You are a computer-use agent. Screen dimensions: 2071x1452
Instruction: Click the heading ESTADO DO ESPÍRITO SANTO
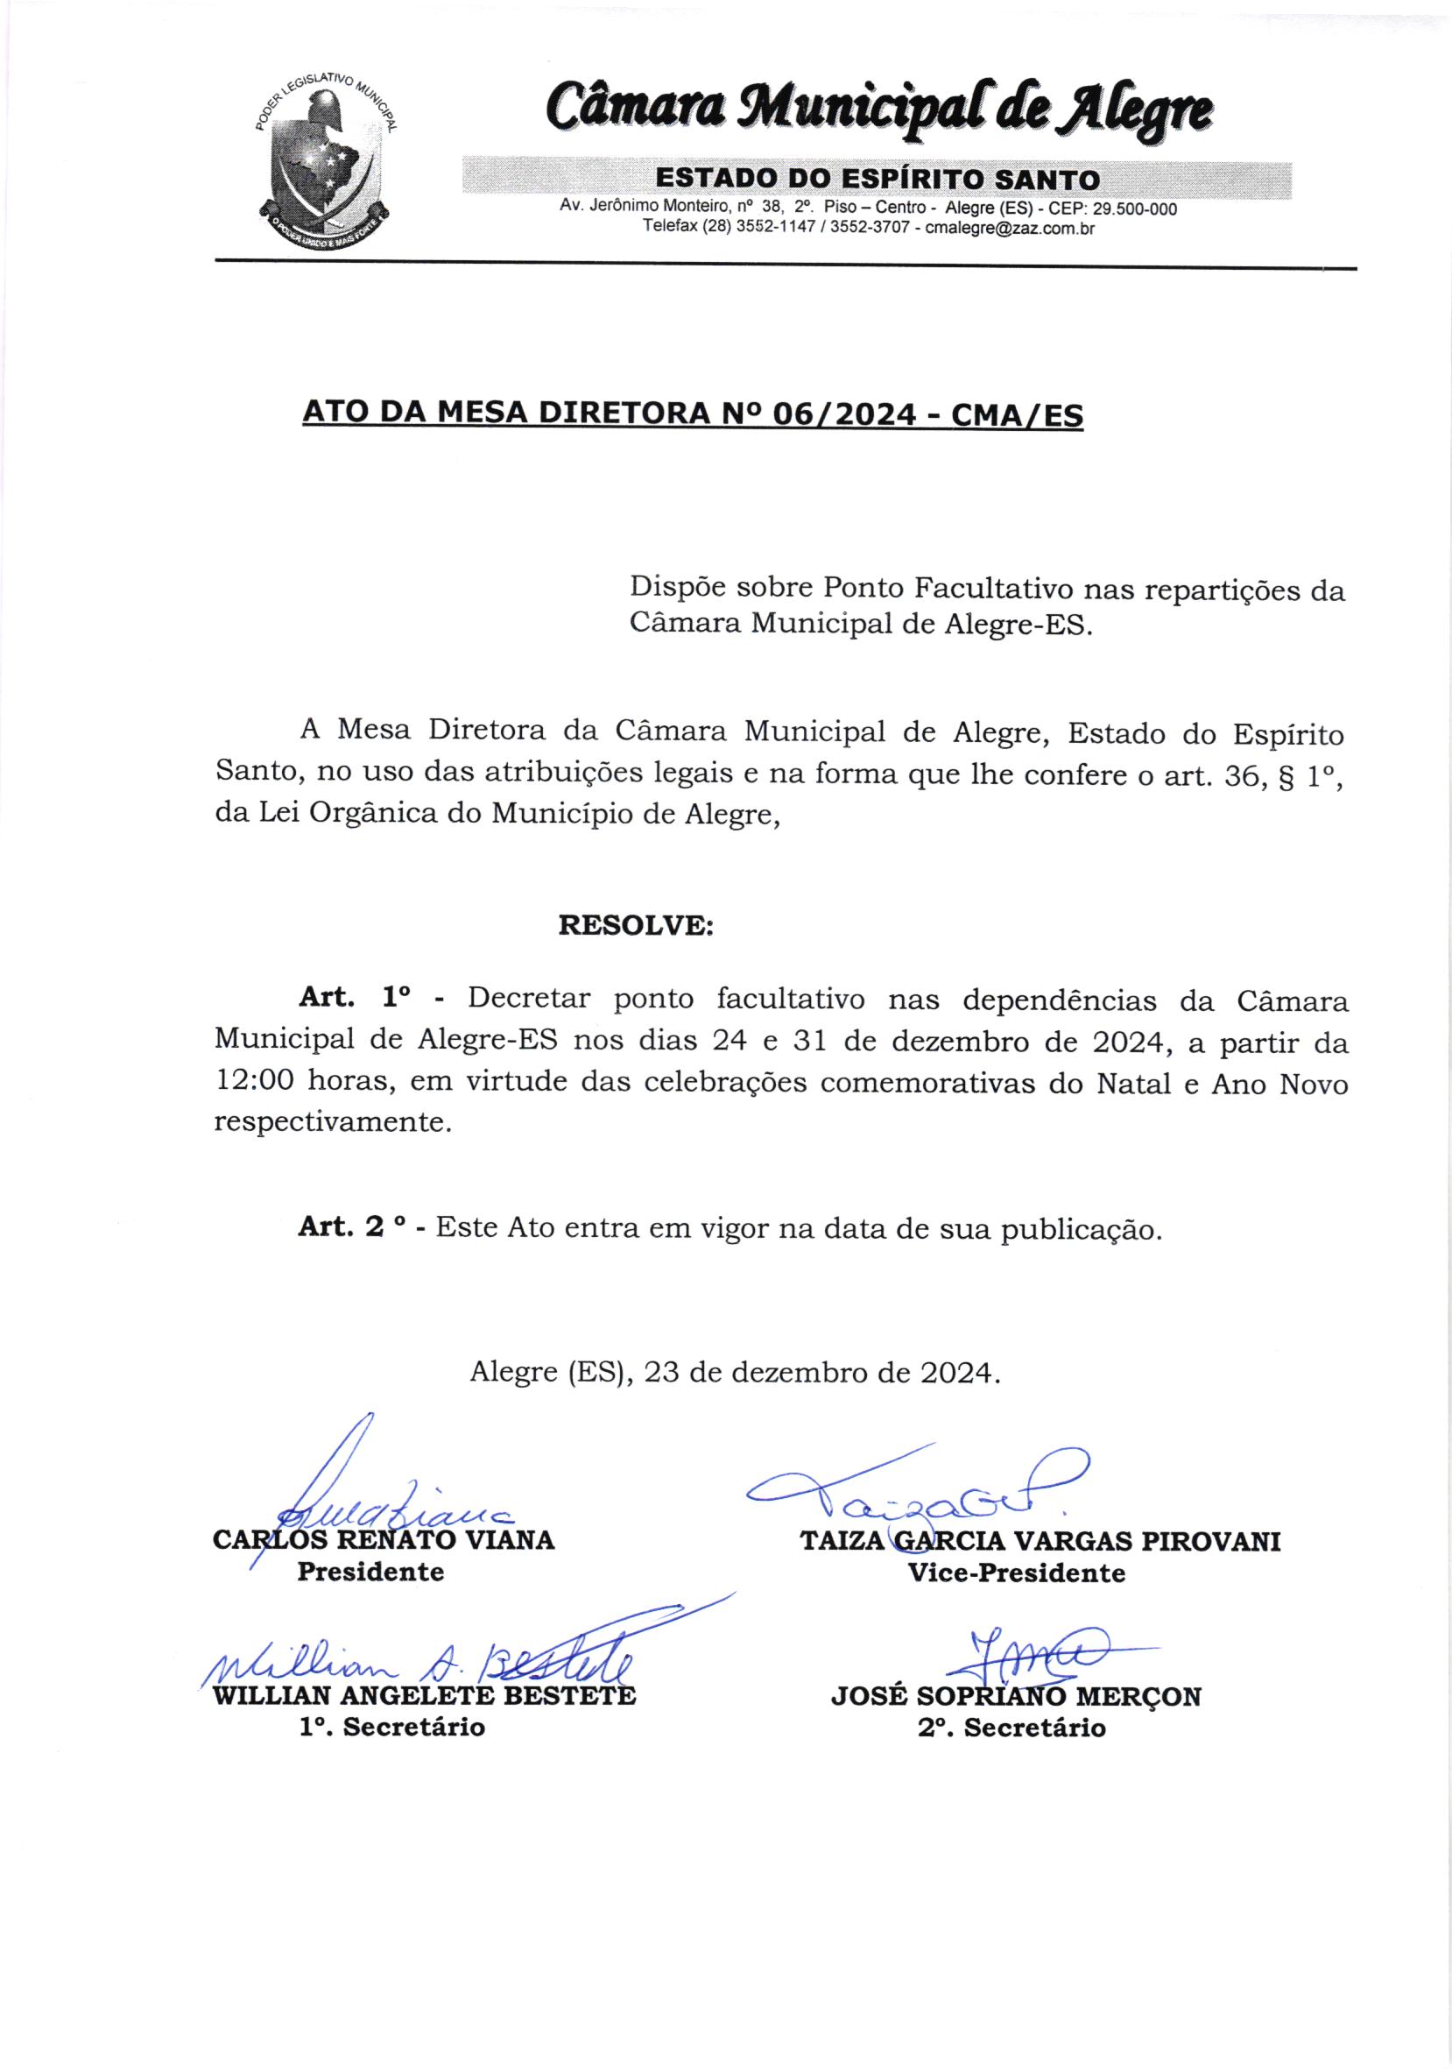(877, 180)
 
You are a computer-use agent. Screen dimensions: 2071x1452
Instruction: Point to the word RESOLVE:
(636, 926)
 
